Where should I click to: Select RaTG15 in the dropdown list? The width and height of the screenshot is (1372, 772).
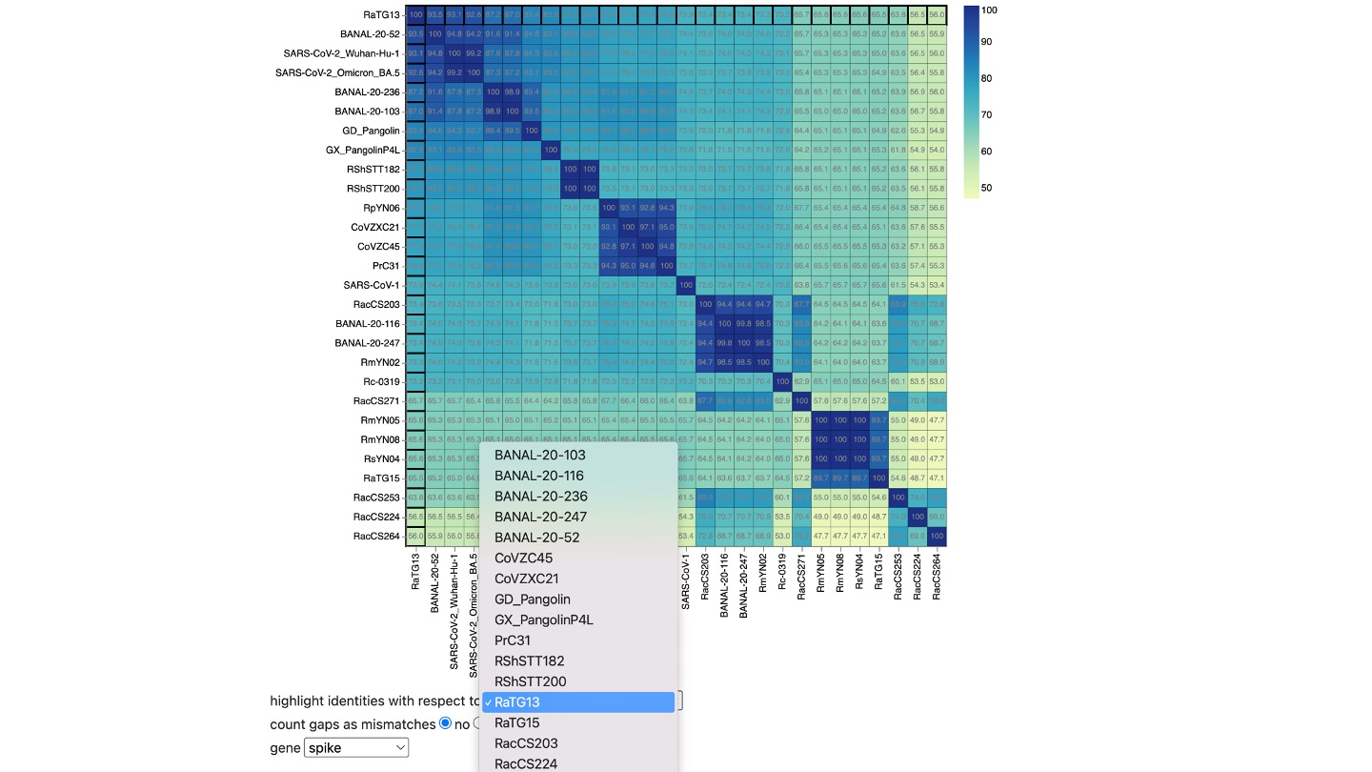pos(517,722)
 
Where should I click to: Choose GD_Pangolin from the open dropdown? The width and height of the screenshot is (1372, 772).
pos(532,599)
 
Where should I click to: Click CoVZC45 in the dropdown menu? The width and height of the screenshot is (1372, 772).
pos(523,559)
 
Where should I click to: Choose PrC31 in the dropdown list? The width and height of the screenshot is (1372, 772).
pos(513,640)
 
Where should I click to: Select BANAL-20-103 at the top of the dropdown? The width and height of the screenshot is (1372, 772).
pos(539,456)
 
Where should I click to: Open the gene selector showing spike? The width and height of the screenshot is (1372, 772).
pos(355,748)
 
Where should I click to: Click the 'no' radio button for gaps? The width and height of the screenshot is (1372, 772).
pos(445,724)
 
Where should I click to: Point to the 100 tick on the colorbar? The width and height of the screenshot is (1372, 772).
pos(989,10)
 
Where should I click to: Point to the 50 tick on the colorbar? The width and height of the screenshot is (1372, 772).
pos(987,188)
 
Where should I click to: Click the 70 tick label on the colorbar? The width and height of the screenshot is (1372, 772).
pos(987,115)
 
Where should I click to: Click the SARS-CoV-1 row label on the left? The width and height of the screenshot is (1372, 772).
pos(372,285)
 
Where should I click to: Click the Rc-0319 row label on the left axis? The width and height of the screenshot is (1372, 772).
pos(379,381)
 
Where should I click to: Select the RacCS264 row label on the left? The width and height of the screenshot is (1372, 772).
pos(376,536)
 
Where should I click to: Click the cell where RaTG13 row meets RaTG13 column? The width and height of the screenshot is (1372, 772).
pos(415,14)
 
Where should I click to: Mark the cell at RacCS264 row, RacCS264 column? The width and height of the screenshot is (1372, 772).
pos(937,537)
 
